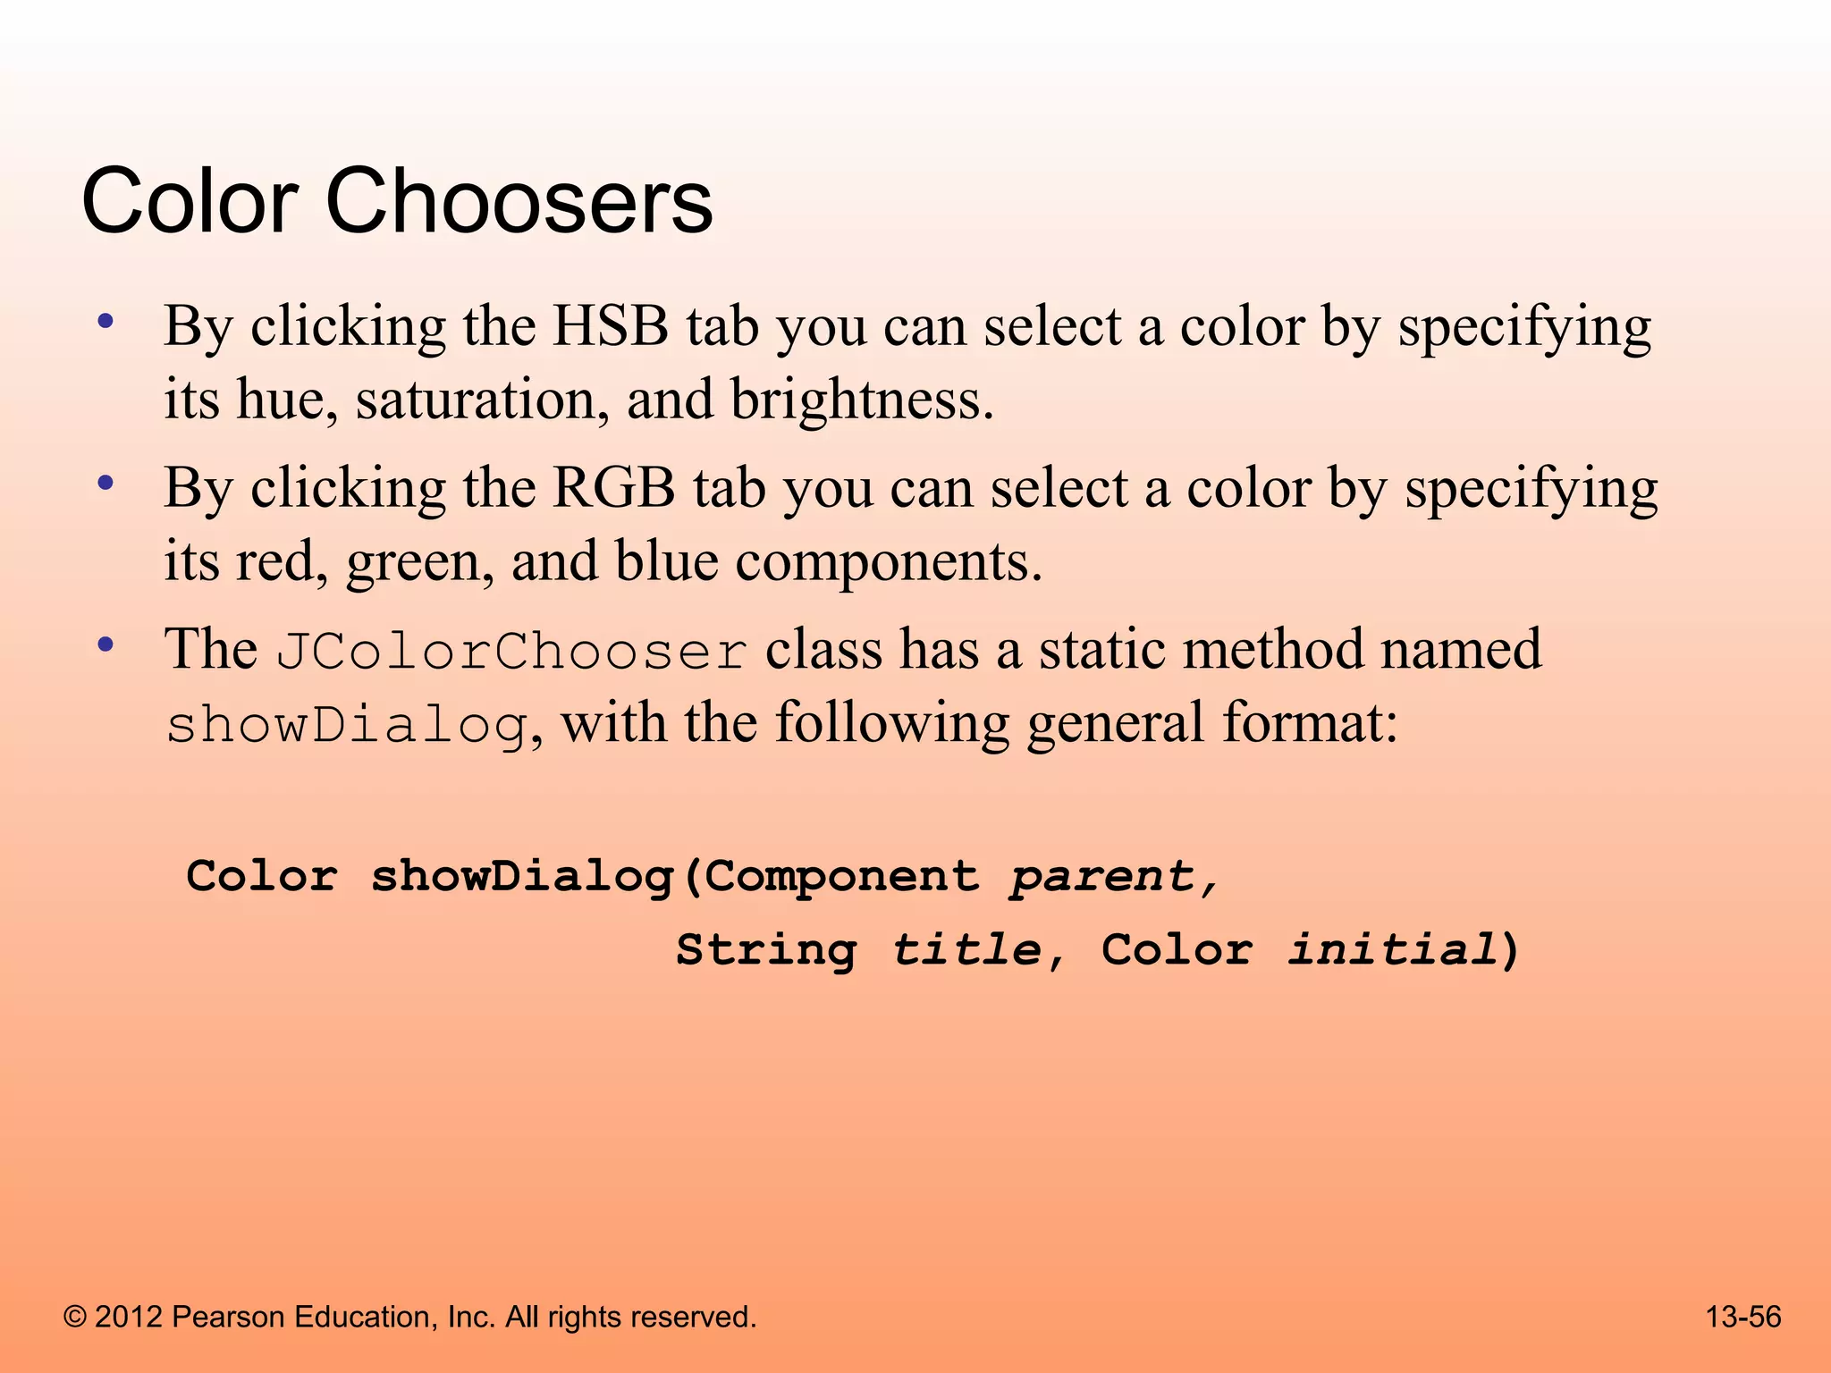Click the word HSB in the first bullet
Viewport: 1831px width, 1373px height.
(x=611, y=326)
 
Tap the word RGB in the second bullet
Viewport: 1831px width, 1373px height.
(x=613, y=489)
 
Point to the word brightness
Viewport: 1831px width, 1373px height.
(x=861, y=400)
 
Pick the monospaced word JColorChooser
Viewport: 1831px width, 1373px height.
(x=511, y=651)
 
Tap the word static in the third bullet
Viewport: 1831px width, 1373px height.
(x=1101, y=649)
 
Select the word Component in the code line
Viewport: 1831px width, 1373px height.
(x=842, y=876)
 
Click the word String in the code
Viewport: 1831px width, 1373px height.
(x=766, y=949)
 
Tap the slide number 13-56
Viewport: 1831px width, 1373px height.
(x=1743, y=1317)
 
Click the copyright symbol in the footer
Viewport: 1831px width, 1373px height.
(x=76, y=1318)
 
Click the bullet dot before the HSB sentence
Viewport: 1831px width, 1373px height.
(x=105, y=322)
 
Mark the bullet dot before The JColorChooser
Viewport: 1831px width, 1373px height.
(x=105, y=644)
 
